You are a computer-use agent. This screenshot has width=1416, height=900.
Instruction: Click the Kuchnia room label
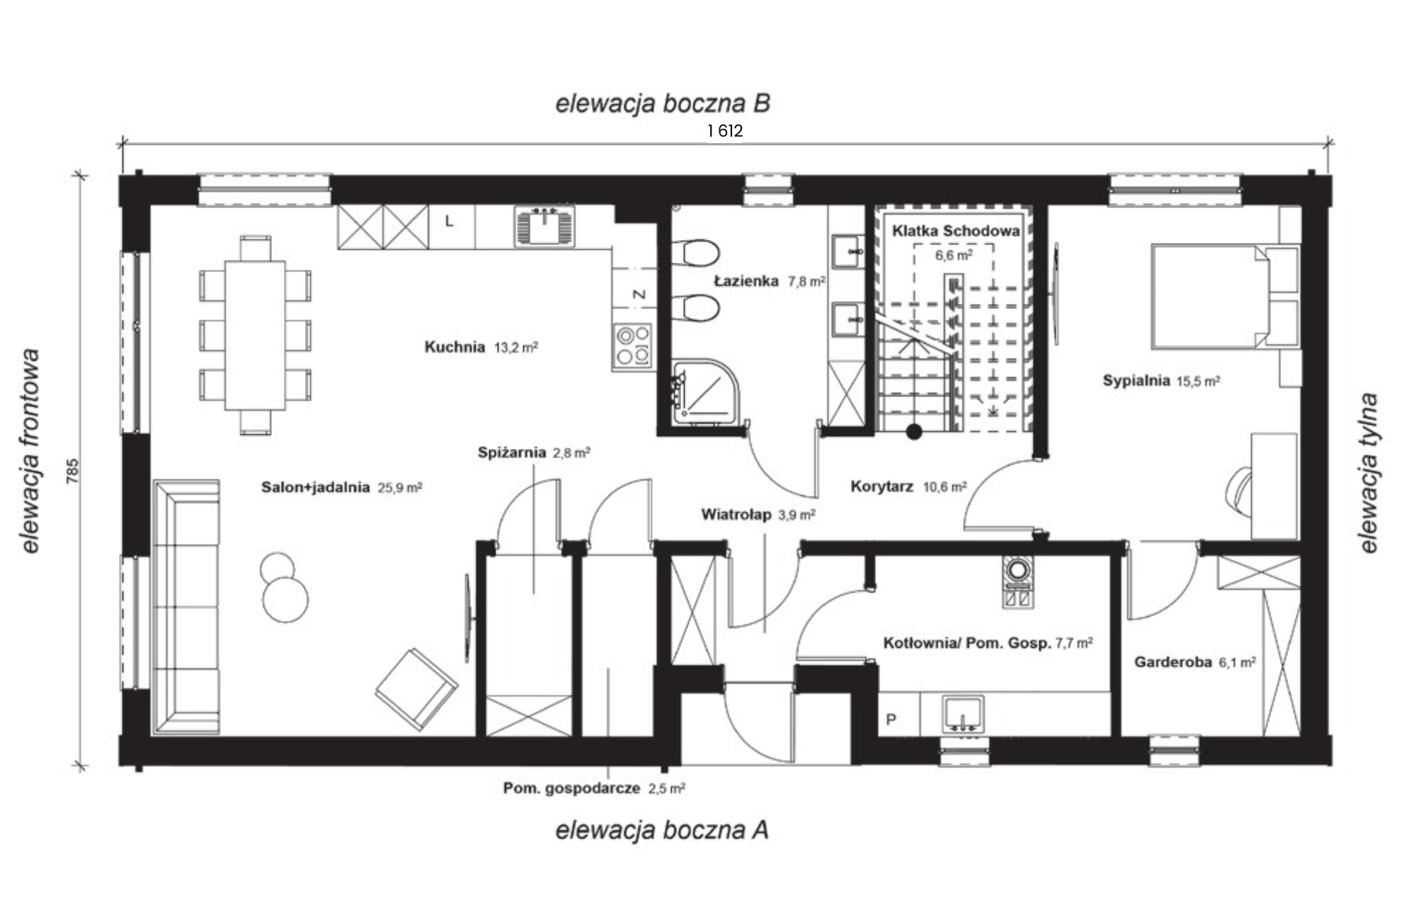pos(455,347)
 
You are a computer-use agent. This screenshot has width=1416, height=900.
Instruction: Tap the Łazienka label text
pos(746,281)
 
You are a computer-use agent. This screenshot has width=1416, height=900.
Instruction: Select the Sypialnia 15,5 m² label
pos(1161,381)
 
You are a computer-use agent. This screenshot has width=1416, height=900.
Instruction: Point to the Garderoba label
pos(1172,662)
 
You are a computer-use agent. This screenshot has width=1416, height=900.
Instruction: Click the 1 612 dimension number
pos(725,131)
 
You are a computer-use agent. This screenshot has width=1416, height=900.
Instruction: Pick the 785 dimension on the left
pos(72,472)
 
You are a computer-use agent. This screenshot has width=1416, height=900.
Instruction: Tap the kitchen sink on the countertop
pos(544,226)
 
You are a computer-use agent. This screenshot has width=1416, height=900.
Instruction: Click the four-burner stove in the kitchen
pos(632,346)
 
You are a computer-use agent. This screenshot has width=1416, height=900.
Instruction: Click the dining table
pos(255,336)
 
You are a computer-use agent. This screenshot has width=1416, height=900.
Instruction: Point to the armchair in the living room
pos(416,689)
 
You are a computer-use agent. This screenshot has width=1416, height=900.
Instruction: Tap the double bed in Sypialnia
pos(1225,296)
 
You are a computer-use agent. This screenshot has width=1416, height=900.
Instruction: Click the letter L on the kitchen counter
pos(449,222)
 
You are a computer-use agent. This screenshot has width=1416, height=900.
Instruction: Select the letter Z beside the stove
pos(639,295)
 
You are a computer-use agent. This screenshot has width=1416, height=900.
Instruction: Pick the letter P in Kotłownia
pos(891,719)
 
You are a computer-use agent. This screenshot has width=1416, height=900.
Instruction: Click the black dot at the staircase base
pos(914,431)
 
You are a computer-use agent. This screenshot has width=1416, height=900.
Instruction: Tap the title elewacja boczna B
pos(663,103)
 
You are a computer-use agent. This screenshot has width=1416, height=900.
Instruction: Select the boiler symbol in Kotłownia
pos(1017,581)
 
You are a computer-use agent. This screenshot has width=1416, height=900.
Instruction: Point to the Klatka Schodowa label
pos(956,231)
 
